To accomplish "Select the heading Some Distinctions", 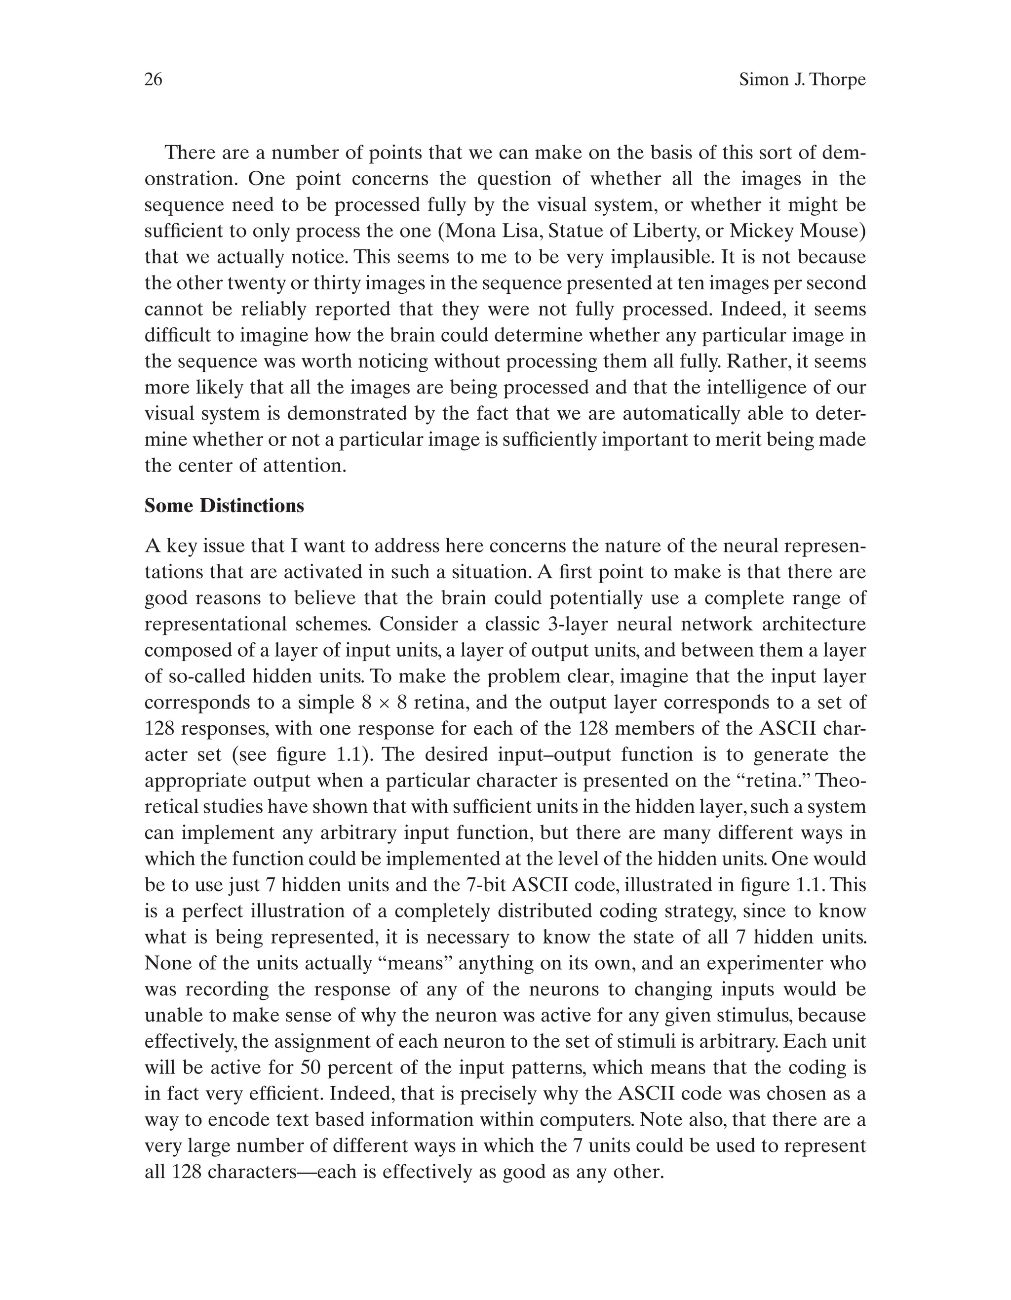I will (224, 506).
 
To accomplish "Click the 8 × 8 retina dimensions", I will (384, 703).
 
